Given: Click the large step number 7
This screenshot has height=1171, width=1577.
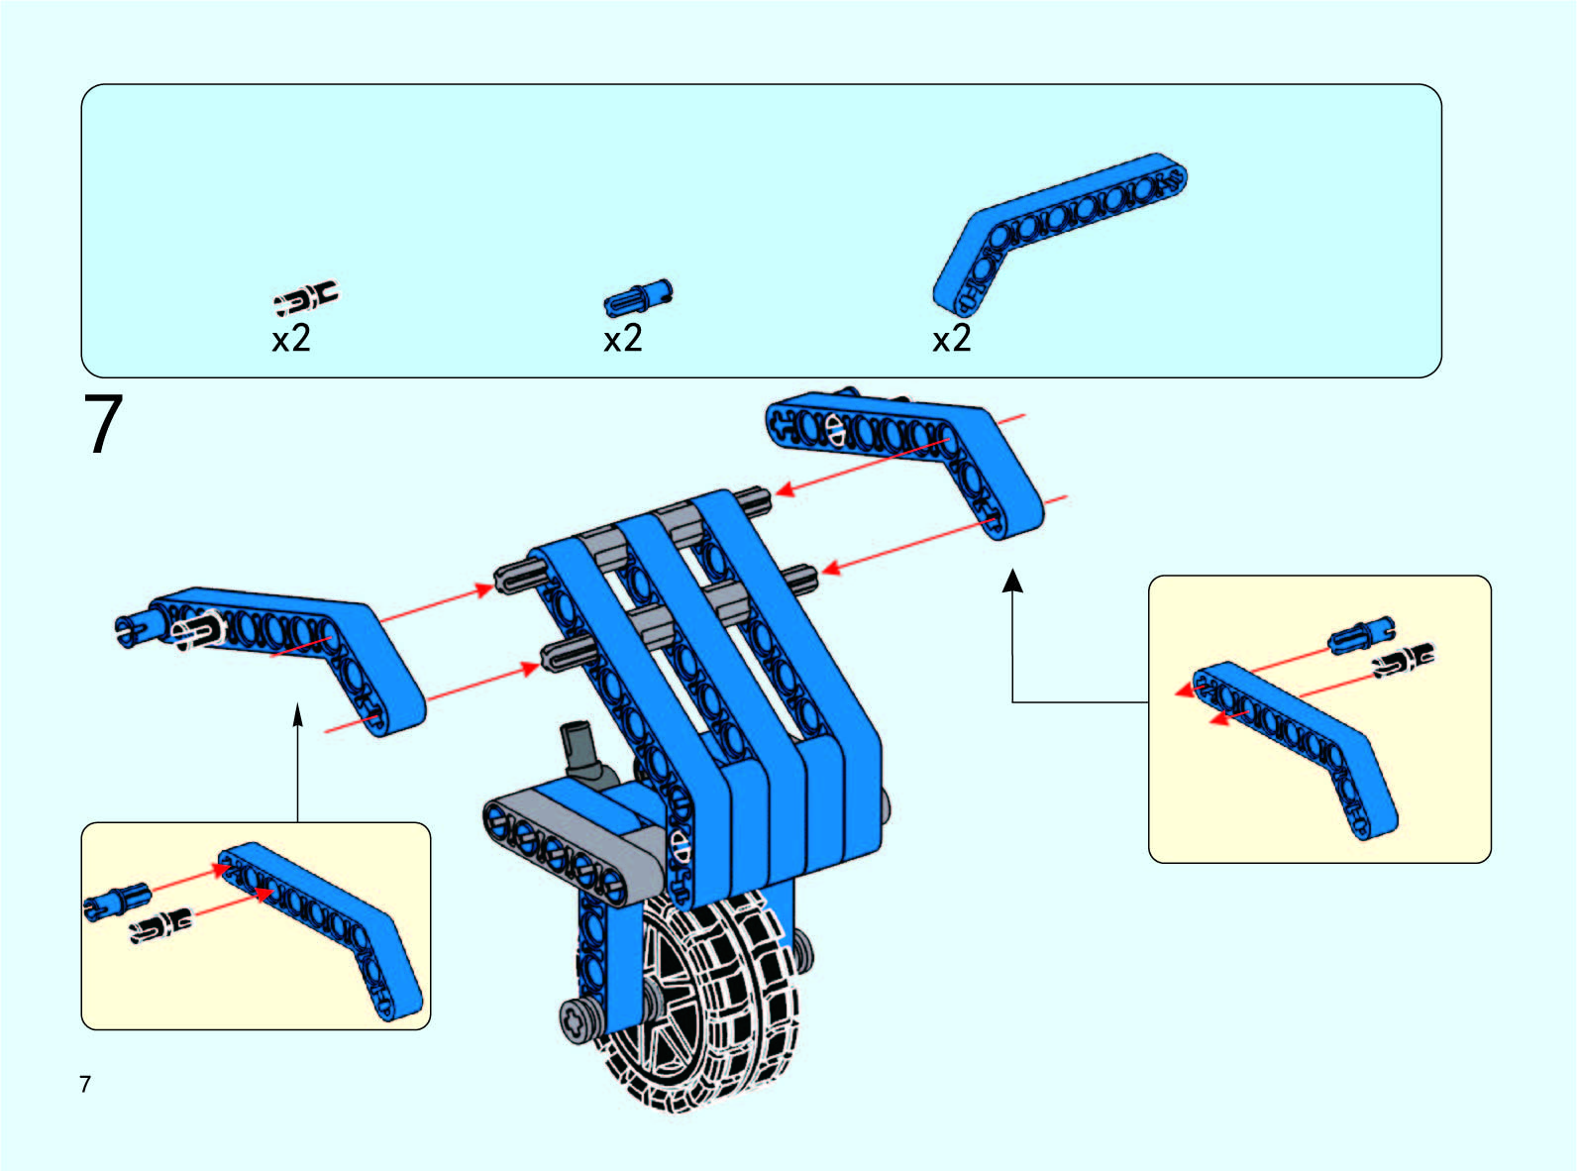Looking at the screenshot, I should pos(103,425).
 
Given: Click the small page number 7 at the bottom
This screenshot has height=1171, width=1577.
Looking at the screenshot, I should pos(85,1084).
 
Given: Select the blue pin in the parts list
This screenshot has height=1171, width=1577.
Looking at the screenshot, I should pos(637,296).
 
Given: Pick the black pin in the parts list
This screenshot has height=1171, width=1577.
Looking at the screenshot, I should pos(306,296).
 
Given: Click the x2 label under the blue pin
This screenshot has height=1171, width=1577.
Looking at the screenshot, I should pos(623,339).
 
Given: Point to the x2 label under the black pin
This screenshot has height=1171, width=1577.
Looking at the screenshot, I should pos(291,339).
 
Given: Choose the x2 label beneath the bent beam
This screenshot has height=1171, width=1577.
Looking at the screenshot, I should pos(952,339).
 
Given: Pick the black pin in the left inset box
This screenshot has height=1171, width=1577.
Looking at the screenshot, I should pos(161,926).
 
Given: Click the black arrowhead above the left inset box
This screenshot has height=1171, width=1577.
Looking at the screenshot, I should pos(297,714).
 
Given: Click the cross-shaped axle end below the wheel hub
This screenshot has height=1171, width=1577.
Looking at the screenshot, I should pos(577,1019).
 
